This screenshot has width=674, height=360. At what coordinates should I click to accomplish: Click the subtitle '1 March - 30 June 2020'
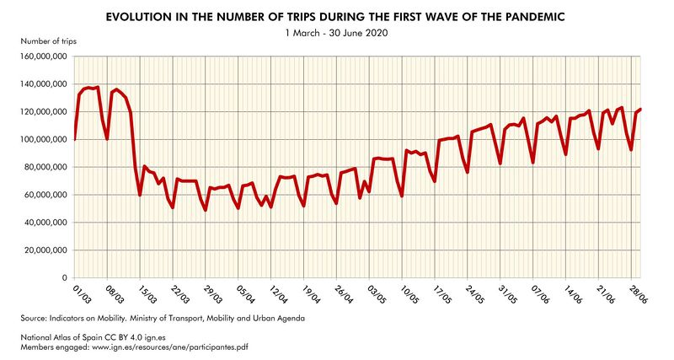tap(337, 33)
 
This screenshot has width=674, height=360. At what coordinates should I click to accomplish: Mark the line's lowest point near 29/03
tap(206, 210)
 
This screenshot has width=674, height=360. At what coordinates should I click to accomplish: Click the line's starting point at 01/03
tap(75, 140)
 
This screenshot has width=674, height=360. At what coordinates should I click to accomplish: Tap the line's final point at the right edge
tap(641, 110)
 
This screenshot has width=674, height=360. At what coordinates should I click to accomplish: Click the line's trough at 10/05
tap(402, 196)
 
